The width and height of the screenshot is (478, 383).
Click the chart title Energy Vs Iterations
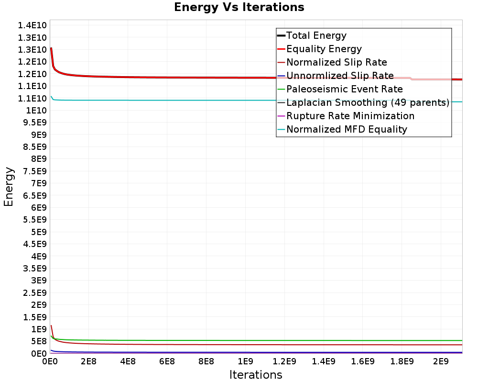point(239,8)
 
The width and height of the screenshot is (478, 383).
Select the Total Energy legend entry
point(316,35)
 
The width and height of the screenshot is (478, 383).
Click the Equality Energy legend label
point(324,49)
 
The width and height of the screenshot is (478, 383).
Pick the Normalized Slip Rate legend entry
point(337,62)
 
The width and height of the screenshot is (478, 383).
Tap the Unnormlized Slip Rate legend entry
point(340,76)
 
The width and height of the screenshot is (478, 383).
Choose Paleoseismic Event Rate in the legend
point(344,89)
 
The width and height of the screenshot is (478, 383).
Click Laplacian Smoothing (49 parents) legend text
point(367,102)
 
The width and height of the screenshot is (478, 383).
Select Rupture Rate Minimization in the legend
point(350,116)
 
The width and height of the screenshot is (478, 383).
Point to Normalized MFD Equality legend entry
point(347,129)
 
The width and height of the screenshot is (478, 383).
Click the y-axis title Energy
point(9,186)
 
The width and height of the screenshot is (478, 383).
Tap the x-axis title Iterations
point(256,375)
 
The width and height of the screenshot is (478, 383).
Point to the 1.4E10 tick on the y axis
point(32,25)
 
